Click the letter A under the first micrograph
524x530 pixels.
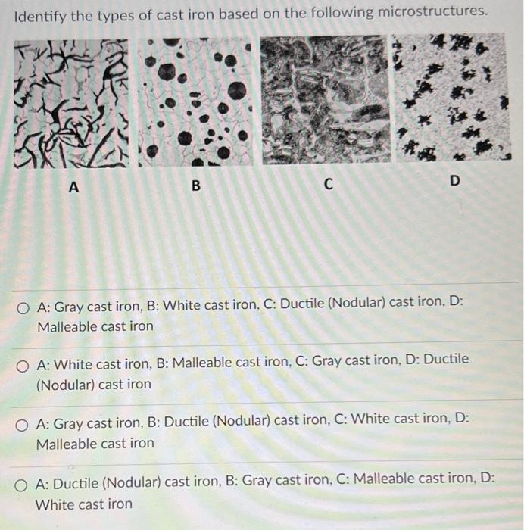(x=73, y=185)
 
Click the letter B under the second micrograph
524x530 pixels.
(x=195, y=185)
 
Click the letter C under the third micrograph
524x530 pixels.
(x=328, y=184)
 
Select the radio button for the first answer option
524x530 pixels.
(x=25, y=307)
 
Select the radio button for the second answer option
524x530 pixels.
(x=25, y=365)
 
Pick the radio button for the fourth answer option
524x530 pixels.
(x=25, y=482)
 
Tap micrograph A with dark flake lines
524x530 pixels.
(x=73, y=103)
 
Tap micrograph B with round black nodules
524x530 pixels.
(x=195, y=101)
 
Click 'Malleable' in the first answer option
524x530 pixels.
(x=68, y=327)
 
